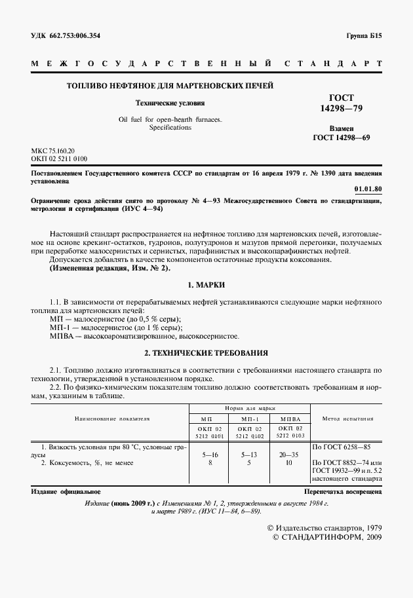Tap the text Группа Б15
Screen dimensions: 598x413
pyautogui.click(x=363, y=36)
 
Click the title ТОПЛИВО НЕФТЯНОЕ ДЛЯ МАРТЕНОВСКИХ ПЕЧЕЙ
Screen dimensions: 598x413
pyautogui.click(x=170, y=86)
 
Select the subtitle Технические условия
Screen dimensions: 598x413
pyautogui.click(x=170, y=103)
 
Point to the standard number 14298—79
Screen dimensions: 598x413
pyautogui.click(x=342, y=107)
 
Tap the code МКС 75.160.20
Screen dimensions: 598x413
pyautogui.click(x=53, y=151)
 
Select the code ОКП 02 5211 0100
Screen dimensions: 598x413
pyautogui.click(x=59, y=159)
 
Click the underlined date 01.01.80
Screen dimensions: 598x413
pyautogui.click(x=368, y=189)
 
